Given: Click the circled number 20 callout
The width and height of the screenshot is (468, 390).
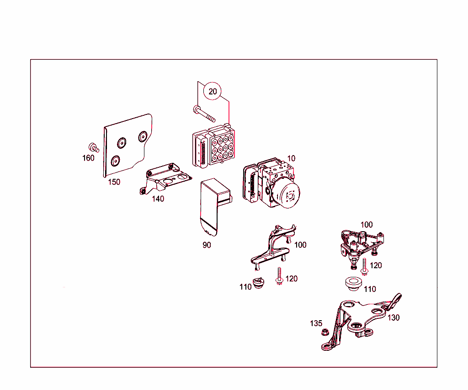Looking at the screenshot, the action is (213, 91).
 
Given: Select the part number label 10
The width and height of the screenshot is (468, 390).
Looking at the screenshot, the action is (291, 158).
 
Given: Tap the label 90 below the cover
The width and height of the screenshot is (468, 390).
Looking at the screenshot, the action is (207, 245).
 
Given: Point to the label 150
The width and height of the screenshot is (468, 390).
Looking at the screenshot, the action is (114, 182).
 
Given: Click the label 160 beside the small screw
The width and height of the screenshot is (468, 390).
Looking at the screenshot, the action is (88, 158).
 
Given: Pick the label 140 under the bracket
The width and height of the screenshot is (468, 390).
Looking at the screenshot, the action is (158, 199).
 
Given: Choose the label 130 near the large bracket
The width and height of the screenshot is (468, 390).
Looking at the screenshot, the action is (394, 318).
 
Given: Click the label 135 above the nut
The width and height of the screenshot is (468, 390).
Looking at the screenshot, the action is (316, 323).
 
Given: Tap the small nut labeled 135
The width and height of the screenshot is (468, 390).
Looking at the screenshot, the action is (324, 332).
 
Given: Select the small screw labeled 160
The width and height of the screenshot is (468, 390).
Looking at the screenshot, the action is (94, 147).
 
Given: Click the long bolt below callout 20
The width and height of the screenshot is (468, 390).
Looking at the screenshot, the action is (204, 114).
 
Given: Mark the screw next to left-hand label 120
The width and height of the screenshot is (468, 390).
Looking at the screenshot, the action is (279, 276).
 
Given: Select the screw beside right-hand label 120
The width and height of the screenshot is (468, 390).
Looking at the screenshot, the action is (364, 267).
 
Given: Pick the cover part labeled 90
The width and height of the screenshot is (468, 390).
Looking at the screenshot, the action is (215, 206).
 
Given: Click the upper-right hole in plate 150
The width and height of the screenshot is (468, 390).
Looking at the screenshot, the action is (143, 136).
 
